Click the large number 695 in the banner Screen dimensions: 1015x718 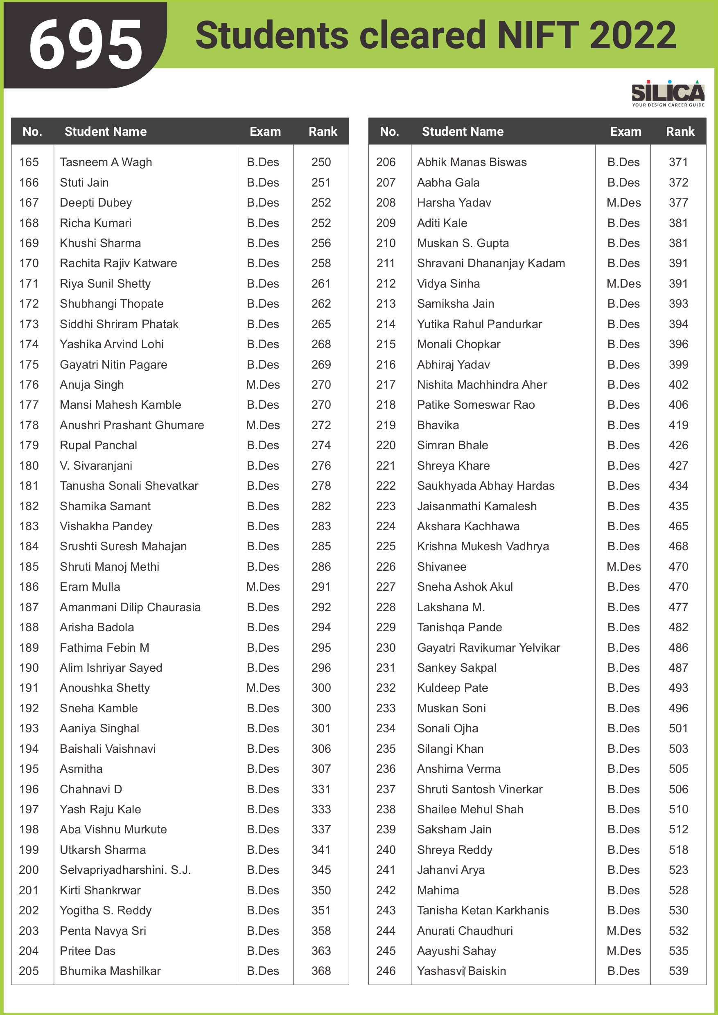point(86,44)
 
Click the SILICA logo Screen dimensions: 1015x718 point(668,93)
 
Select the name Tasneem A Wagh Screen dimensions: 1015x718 point(106,162)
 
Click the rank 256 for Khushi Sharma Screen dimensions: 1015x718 point(321,243)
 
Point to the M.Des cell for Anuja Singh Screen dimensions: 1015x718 point(263,385)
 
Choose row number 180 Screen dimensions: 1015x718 point(29,466)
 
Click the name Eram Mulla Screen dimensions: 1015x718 point(90,587)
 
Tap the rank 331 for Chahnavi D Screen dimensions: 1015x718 point(321,789)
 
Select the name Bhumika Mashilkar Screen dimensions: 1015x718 point(110,971)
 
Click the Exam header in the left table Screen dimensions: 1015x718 point(265,132)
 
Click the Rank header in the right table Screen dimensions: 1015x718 point(680,132)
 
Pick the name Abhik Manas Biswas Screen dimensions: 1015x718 point(472,162)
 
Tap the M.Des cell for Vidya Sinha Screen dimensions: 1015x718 point(623,284)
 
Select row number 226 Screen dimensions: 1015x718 point(386,567)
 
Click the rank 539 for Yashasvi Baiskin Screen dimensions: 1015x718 point(678,971)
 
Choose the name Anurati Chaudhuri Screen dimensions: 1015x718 point(465,931)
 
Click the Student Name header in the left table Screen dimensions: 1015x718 point(105,132)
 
